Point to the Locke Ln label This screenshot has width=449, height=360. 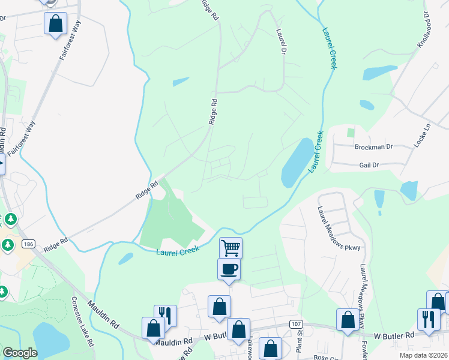(x=426, y=136)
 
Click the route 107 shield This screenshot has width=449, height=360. (x=295, y=324)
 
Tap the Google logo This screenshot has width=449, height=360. (x=20, y=353)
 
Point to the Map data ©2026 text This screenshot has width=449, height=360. (x=423, y=355)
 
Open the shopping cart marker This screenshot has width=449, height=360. (x=231, y=247)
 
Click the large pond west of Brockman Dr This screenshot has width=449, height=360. (x=297, y=164)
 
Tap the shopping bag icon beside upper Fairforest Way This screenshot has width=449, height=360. (x=55, y=24)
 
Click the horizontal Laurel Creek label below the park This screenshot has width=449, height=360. (x=178, y=251)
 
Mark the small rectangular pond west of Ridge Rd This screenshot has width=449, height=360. (x=181, y=82)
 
